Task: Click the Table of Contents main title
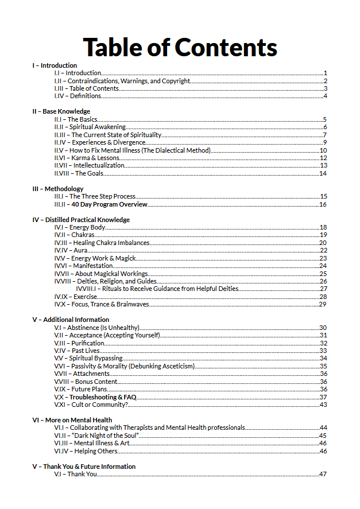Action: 180,46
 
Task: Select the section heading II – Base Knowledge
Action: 61,111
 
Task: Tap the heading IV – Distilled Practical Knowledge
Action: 80,220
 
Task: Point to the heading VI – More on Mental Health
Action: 72,420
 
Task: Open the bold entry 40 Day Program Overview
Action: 109,204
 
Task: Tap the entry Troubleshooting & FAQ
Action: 102,397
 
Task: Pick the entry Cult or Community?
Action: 99,405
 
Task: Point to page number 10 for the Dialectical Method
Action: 323,150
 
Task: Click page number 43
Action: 323,405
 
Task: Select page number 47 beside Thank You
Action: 323,474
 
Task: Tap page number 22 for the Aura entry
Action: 323,250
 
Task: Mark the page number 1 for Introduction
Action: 325,73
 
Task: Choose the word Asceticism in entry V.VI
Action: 178,366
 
